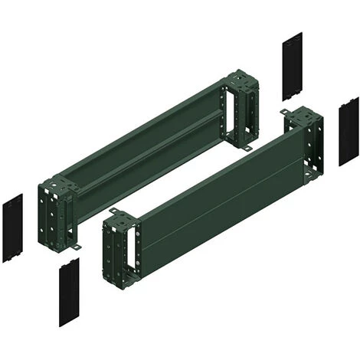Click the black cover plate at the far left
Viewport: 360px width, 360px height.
click(12, 228)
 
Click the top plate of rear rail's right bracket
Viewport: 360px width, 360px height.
click(239, 79)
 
